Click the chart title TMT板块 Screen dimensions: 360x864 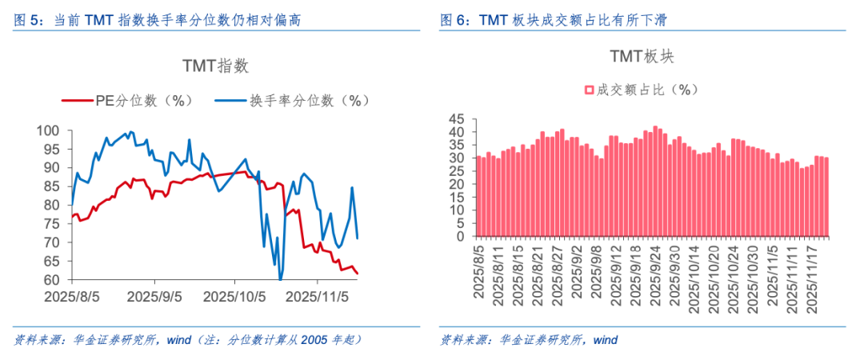point(643,56)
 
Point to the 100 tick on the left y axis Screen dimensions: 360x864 point(50,131)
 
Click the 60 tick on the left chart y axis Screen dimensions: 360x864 point(54,280)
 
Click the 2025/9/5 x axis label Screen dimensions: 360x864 point(154,296)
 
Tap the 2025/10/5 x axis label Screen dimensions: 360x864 point(234,296)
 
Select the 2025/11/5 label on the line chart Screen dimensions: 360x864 point(318,296)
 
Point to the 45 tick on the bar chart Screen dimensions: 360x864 point(457,119)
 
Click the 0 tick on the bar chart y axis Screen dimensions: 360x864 point(461,237)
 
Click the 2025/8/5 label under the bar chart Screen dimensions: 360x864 point(478,272)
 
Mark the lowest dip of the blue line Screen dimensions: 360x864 point(281,278)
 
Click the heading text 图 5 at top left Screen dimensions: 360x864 point(30,20)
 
